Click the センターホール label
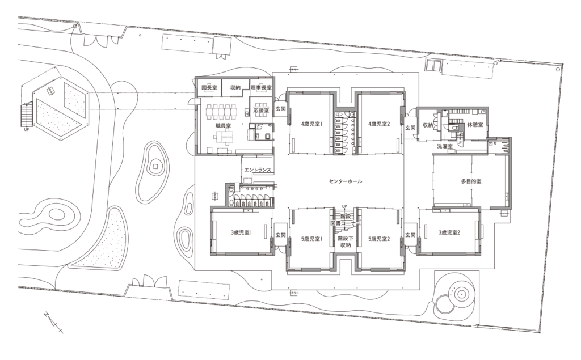345,181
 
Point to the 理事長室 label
261,88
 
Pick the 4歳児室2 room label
380,124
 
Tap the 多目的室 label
471,181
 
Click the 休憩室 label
474,124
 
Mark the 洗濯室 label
444,146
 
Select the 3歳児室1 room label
241,232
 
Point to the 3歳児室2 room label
449,232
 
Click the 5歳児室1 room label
311,239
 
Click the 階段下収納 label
345,242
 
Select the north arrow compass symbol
53,321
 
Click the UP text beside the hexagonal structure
26,129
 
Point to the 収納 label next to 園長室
235,88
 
